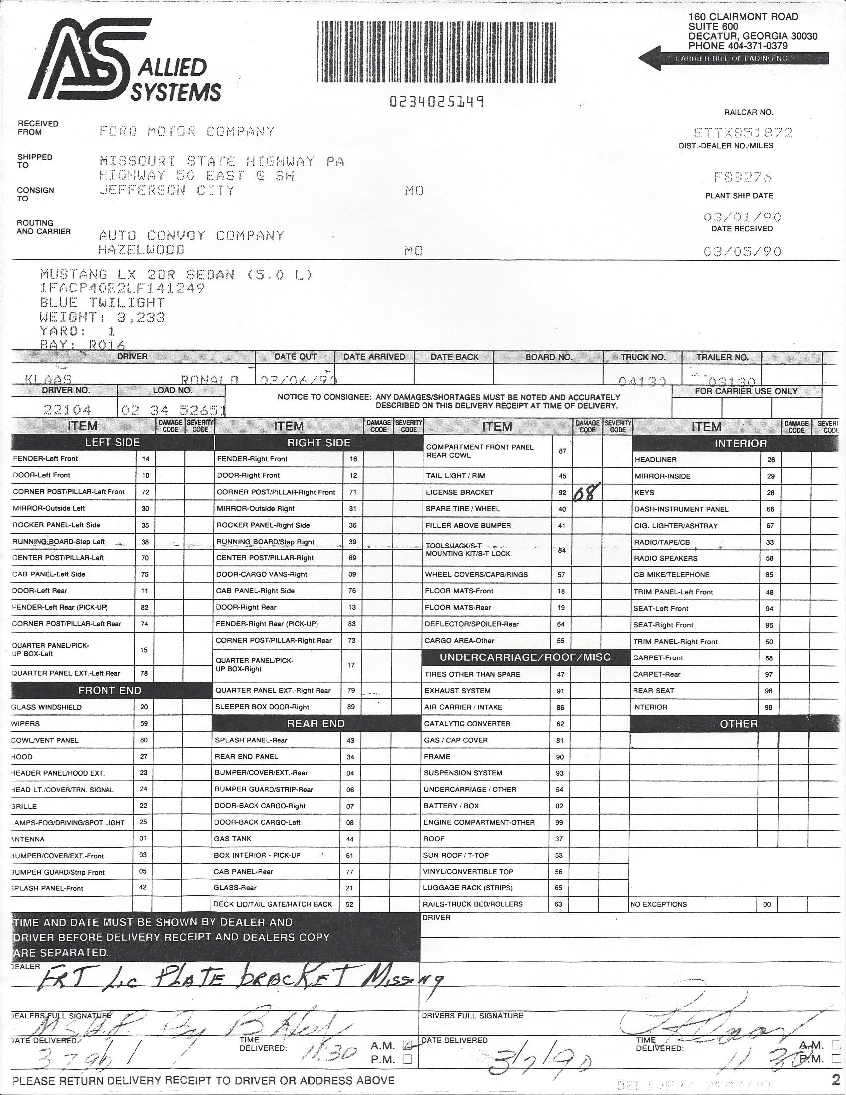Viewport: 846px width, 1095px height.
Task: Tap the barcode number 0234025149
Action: (436, 102)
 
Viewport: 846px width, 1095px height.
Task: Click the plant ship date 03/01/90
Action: (742, 217)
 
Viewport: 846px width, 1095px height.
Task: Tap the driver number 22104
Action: (67, 410)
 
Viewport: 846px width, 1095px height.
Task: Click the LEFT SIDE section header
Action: (112, 442)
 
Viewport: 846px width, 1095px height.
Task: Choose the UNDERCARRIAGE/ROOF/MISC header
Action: (525, 657)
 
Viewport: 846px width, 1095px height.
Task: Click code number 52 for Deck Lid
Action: (350, 904)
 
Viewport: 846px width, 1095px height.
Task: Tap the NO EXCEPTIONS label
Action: (658, 904)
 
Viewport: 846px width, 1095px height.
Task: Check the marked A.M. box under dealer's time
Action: (408, 1045)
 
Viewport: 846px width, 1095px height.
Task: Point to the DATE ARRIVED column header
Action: (374, 357)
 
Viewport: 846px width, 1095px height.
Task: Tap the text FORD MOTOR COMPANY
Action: (187, 132)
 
